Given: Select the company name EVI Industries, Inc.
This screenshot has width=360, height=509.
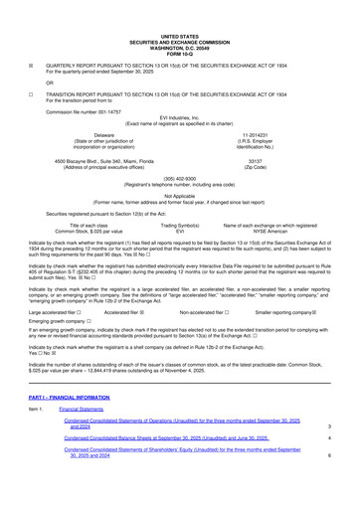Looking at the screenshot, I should tap(180, 116).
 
